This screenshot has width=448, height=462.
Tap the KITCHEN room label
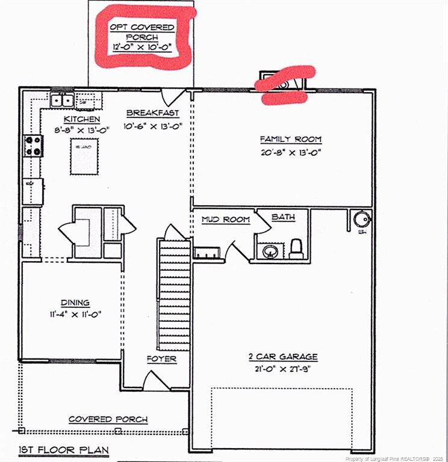pos(82,119)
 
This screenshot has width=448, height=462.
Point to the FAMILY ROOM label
pos(291,140)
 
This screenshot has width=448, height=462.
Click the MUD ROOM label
pos(225,220)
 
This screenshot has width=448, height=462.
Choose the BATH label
pos(283,217)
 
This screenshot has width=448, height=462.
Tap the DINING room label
pos(75,303)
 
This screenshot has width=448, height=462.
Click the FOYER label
pos(161,359)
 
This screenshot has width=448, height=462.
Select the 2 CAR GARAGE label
pos(282,357)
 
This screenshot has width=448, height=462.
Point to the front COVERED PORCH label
pos(108,419)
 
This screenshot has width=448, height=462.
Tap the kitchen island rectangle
pos(84,156)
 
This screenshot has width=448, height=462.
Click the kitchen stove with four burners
pos(33,146)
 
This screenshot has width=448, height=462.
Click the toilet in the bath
pos(296,248)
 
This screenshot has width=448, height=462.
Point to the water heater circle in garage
pos(362,218)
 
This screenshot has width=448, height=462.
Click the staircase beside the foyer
pos(174,295)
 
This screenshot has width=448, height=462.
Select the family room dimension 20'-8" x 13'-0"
pos(291,152)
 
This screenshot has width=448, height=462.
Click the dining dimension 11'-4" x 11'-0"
pos(75,315)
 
